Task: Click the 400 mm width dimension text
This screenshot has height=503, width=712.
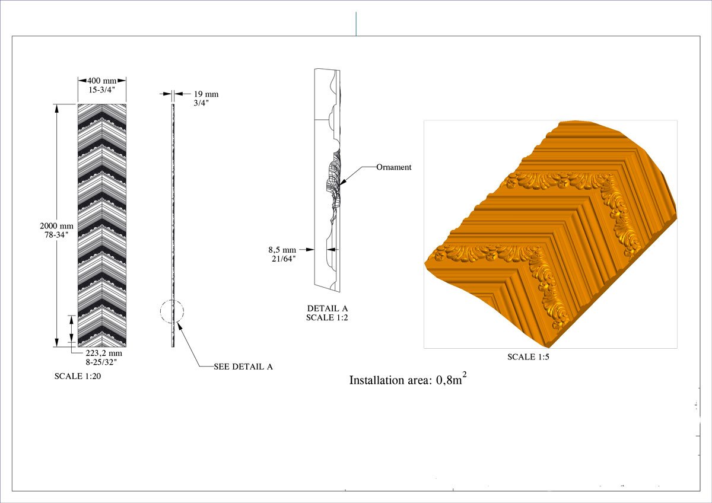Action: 101,81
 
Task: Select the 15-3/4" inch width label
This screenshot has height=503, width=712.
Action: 101,90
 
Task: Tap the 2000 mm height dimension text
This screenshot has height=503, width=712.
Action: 56,226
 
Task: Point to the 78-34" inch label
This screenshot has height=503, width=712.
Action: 56,235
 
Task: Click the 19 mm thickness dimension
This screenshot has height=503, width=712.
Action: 206,94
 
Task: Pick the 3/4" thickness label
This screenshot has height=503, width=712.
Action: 201,103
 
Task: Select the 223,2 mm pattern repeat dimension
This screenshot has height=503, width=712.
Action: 104,353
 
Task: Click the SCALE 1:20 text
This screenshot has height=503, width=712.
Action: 78,376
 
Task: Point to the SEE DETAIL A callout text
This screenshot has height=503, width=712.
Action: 243,367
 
